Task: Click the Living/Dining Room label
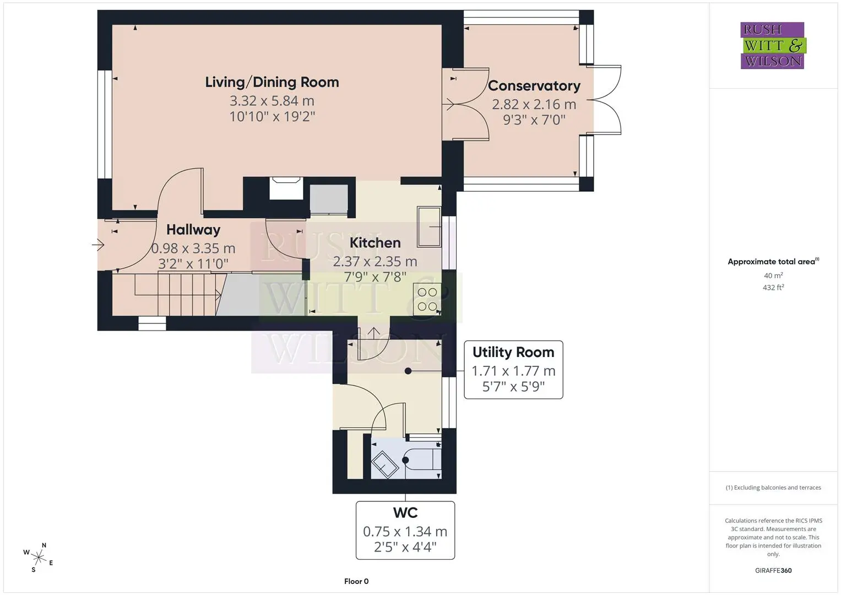(272, 82)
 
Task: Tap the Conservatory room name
(534, 86)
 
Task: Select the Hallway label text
(193, 230)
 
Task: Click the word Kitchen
(375, 242)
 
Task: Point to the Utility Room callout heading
(513, 353)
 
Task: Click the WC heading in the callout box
(405, 513)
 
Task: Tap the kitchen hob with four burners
(427, 299)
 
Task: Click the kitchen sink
(428, 226)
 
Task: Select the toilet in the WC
(422, 460)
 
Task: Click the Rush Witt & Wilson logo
(773, 45)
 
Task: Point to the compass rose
(39, 558)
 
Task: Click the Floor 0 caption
(356, 581)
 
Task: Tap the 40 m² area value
(773, 275)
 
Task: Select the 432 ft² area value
(773, 288)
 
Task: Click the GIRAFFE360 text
(773, 571)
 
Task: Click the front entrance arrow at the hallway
(98, 245)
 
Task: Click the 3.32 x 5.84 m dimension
(272, 101)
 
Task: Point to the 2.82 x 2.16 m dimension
(534, 105)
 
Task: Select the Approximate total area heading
(773, 262)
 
